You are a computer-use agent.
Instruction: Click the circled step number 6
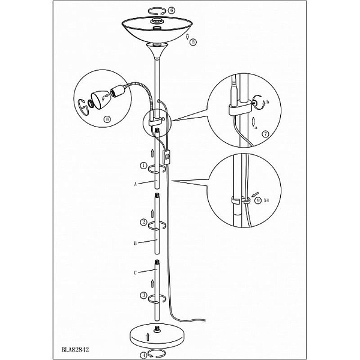click(172, 10)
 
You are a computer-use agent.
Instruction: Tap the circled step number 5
click(193, 42)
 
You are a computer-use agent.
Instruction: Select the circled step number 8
click(107, 119)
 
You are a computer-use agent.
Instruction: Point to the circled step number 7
click(266, 134)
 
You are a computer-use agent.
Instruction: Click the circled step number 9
click(258, 200)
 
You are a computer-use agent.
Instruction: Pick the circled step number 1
click(143, 166)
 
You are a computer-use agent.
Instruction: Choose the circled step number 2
click(144, 222)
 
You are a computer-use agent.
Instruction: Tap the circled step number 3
click(143, 295)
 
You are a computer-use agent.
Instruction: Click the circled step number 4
click(143, 356)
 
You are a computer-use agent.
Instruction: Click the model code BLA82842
click(75, 350)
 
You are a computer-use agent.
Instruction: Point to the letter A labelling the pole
click(135, 184)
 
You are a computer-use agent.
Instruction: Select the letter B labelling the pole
click(135, 244)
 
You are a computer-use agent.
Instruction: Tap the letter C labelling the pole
click(135, 273)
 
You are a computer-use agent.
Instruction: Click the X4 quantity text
click(266, 200)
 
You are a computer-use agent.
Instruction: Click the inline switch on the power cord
click(167, 157)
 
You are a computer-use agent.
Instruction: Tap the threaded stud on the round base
click(157, 328)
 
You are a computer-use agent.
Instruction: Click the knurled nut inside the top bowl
click(157, 21)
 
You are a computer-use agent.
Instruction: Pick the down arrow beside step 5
click(188, 36)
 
